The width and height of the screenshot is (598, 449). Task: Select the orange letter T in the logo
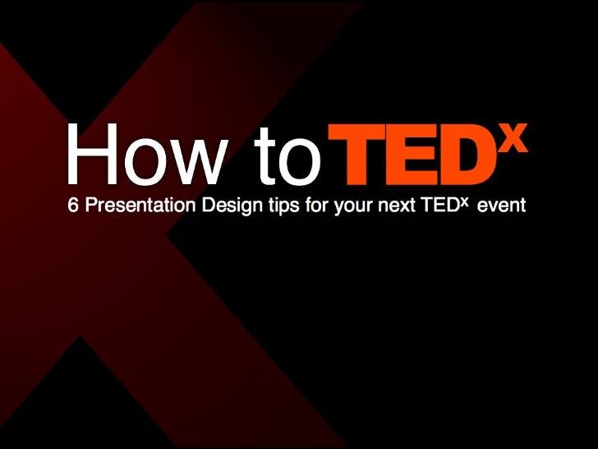tap(355, 155)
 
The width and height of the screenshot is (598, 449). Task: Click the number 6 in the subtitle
tap(72, 206)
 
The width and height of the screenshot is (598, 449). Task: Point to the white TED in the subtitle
tap(438, 206)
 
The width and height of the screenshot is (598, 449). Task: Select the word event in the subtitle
tap(500, 206)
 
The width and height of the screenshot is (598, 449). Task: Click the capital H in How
tap(89, 155)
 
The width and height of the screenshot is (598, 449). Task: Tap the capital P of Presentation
tap(90, 206)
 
